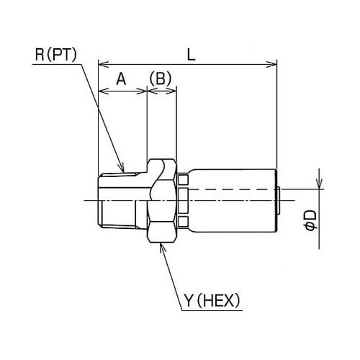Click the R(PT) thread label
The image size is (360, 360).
click(x=55, y=55)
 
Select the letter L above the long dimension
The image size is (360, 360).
click(x=191, y=55)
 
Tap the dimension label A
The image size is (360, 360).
click(x=121, y=78)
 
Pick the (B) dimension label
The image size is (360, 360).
click(x=161, y=78)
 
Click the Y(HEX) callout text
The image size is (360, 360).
click(x=212, y=300)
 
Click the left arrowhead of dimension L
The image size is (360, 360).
click(x=104, y=64)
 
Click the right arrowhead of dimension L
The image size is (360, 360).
click(x=272, y=64)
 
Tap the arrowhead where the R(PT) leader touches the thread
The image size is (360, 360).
click(x=122, y=168)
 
